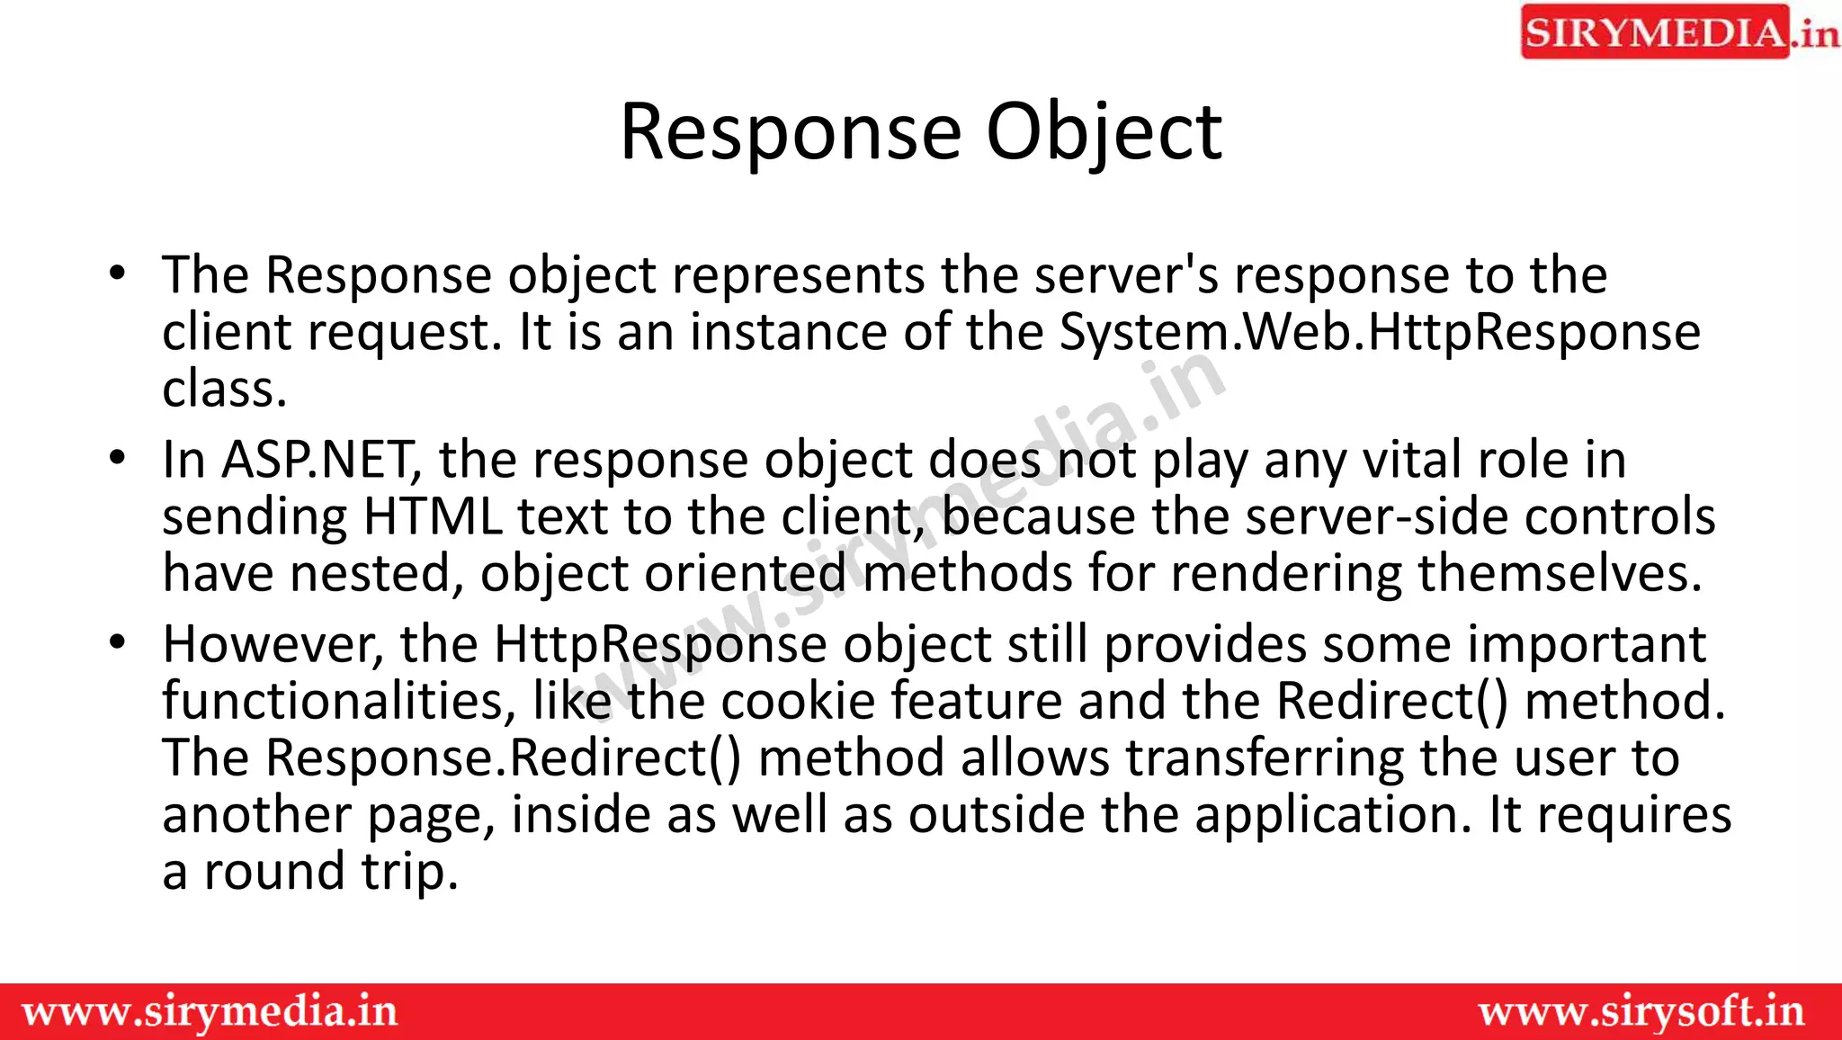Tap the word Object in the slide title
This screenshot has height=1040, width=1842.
tap(1104, 133)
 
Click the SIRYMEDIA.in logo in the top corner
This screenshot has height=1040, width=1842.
tap(1679, 32)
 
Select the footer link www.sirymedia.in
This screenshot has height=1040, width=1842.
tap(210, 1012)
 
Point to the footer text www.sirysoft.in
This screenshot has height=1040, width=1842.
tap(1641, 1012)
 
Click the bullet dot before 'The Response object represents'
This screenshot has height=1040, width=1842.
tap(117, 273)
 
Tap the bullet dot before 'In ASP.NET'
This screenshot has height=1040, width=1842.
tap(117, 458)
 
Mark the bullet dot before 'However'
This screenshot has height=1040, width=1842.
tap(117, 642)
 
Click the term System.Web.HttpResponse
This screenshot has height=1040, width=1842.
tap(1380, 332)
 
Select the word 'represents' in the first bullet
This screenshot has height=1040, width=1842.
tap(798, 275)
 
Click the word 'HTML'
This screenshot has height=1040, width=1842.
tap(432, 517)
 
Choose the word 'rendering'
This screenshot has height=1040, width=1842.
tap(1286, 574)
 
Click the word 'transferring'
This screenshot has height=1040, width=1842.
tap(1265, 758)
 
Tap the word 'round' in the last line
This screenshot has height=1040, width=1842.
tap(274, 872)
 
